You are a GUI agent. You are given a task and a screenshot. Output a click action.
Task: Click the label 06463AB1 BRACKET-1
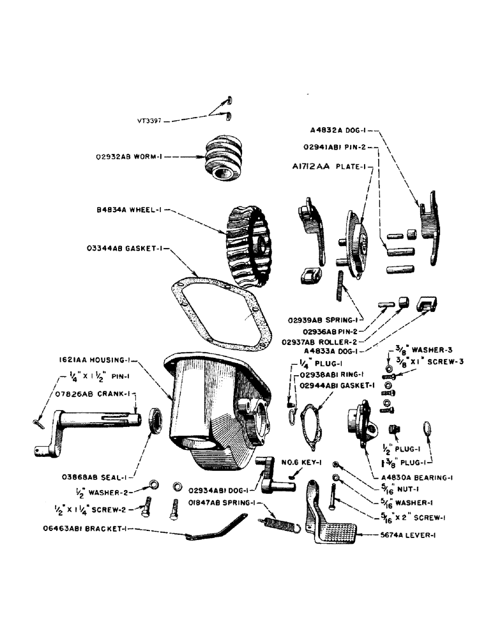[96, 530]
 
